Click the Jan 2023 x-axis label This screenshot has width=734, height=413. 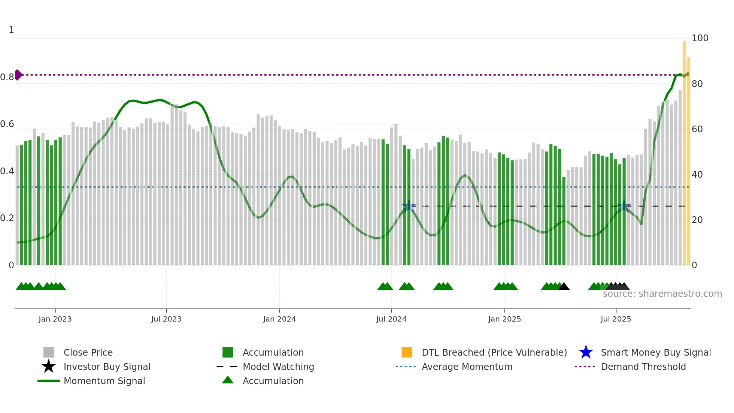pos(55,319)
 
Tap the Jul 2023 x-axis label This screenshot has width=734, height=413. pos(166,319)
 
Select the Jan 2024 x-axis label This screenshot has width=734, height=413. pos(279,319)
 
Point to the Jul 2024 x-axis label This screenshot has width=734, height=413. pos(391,319)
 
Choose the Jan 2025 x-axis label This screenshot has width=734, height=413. pos(504,319)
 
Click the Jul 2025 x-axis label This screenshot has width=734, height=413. pos(616,319)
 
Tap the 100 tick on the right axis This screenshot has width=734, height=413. pos(700,38)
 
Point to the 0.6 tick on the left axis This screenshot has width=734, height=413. pos(7,124)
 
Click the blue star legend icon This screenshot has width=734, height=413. pos(586,352)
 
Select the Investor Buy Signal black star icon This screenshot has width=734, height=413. pos(49,367)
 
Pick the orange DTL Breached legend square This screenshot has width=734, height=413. pos(407,352)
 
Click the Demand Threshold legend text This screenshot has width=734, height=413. pos(643,367)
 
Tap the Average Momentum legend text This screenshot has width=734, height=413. pos(467,367)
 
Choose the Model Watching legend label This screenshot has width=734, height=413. pos(278,367)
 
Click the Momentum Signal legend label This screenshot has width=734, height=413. pos(104,381)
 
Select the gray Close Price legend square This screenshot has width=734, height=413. pos(49,352)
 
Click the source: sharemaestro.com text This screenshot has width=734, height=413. pos(662,294)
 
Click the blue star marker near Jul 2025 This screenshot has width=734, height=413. pos(624,206)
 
